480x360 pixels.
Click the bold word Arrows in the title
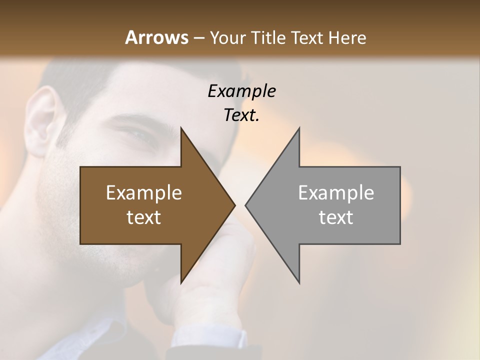click(156, 37)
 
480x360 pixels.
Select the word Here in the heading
click(347, 38)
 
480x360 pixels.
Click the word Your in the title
click(227, 38)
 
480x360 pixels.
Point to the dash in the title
click(198, 38)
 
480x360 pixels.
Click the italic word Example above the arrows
click(241, 91)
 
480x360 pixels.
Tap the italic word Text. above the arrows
click(241, 115)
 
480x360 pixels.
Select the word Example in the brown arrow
click(144, 192)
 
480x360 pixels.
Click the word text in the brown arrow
click(144, 217)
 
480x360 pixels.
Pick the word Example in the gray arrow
click(336, 192)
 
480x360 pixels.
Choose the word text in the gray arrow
click(336, 217)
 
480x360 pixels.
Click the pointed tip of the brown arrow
click(234, 205)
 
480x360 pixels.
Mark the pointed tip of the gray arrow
click(246, 205)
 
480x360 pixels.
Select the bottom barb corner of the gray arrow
click(299, 282)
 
